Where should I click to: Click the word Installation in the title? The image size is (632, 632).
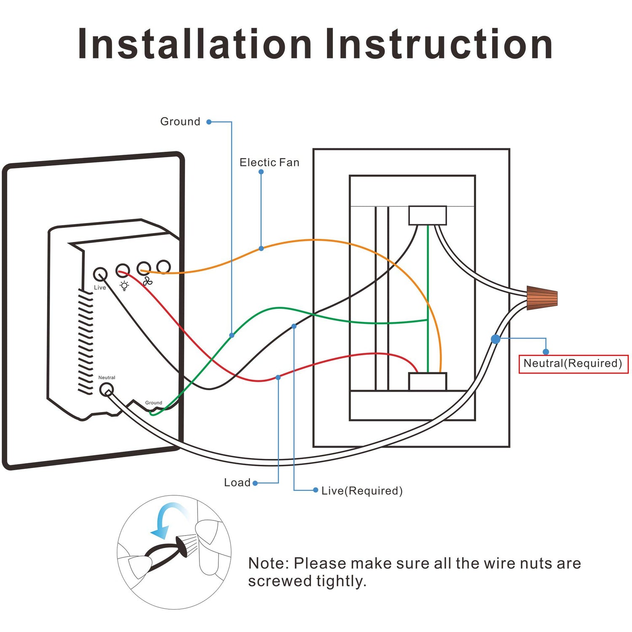click(x=194, y=44)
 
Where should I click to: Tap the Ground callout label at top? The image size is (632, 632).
click(x=180, y=122)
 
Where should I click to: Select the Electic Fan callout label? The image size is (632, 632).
click(x=269, y=163)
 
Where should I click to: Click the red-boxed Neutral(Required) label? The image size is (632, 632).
click(x=573, y=364)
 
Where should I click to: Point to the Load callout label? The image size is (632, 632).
click(x=237, y=483)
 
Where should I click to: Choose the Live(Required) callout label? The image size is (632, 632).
click(x=362, y=491)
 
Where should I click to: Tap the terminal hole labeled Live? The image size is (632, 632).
click(x=100, y=275)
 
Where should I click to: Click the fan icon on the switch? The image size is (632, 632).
click(x=147, y=281)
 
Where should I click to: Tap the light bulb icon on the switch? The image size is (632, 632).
click(x=124, y=286)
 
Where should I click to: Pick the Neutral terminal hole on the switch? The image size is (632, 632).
click(x=106, y=390)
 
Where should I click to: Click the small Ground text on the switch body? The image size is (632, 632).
click(x=153, y=403)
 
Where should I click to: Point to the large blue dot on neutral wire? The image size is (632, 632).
click(x=495, y=339)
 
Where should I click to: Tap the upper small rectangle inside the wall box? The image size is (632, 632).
click(x=427, y=215)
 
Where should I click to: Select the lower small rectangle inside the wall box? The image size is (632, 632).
click(x=427, y=381)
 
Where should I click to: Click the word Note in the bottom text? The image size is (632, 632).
click(x=267, y=563)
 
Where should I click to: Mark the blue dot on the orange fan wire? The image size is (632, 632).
click(x=261, y=249)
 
